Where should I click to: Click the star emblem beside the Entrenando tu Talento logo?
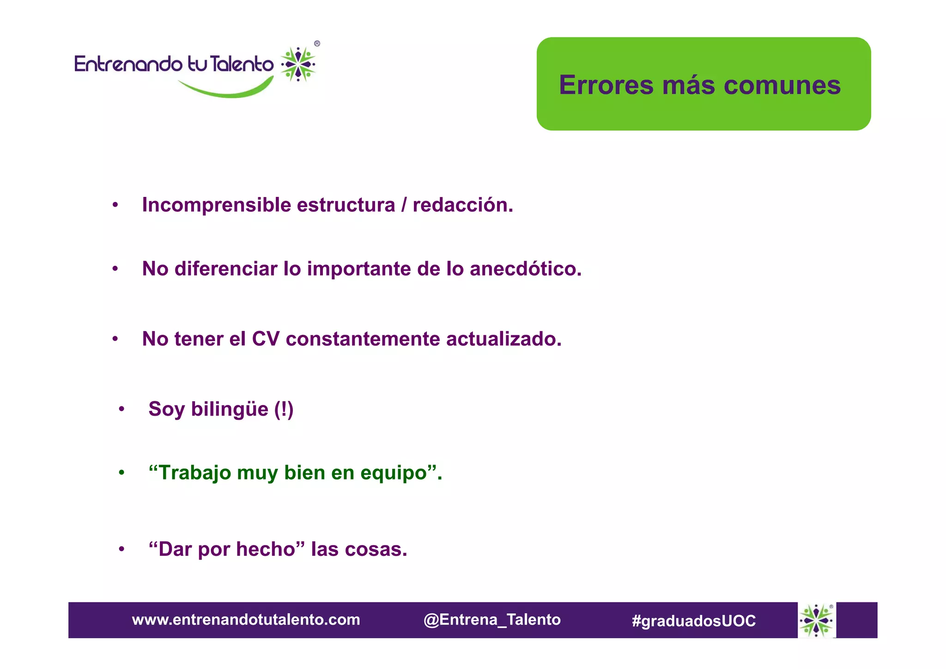298,64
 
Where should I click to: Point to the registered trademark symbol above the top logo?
317,44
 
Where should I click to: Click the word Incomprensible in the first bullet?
216,205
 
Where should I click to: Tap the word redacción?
462,205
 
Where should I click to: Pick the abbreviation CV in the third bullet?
266,339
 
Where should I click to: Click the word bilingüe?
230,409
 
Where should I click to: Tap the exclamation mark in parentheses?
284,409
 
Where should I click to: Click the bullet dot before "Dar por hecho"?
121,549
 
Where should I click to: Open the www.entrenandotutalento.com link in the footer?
246,620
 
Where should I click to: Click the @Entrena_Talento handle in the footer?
492,620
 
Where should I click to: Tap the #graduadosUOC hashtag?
693,620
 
